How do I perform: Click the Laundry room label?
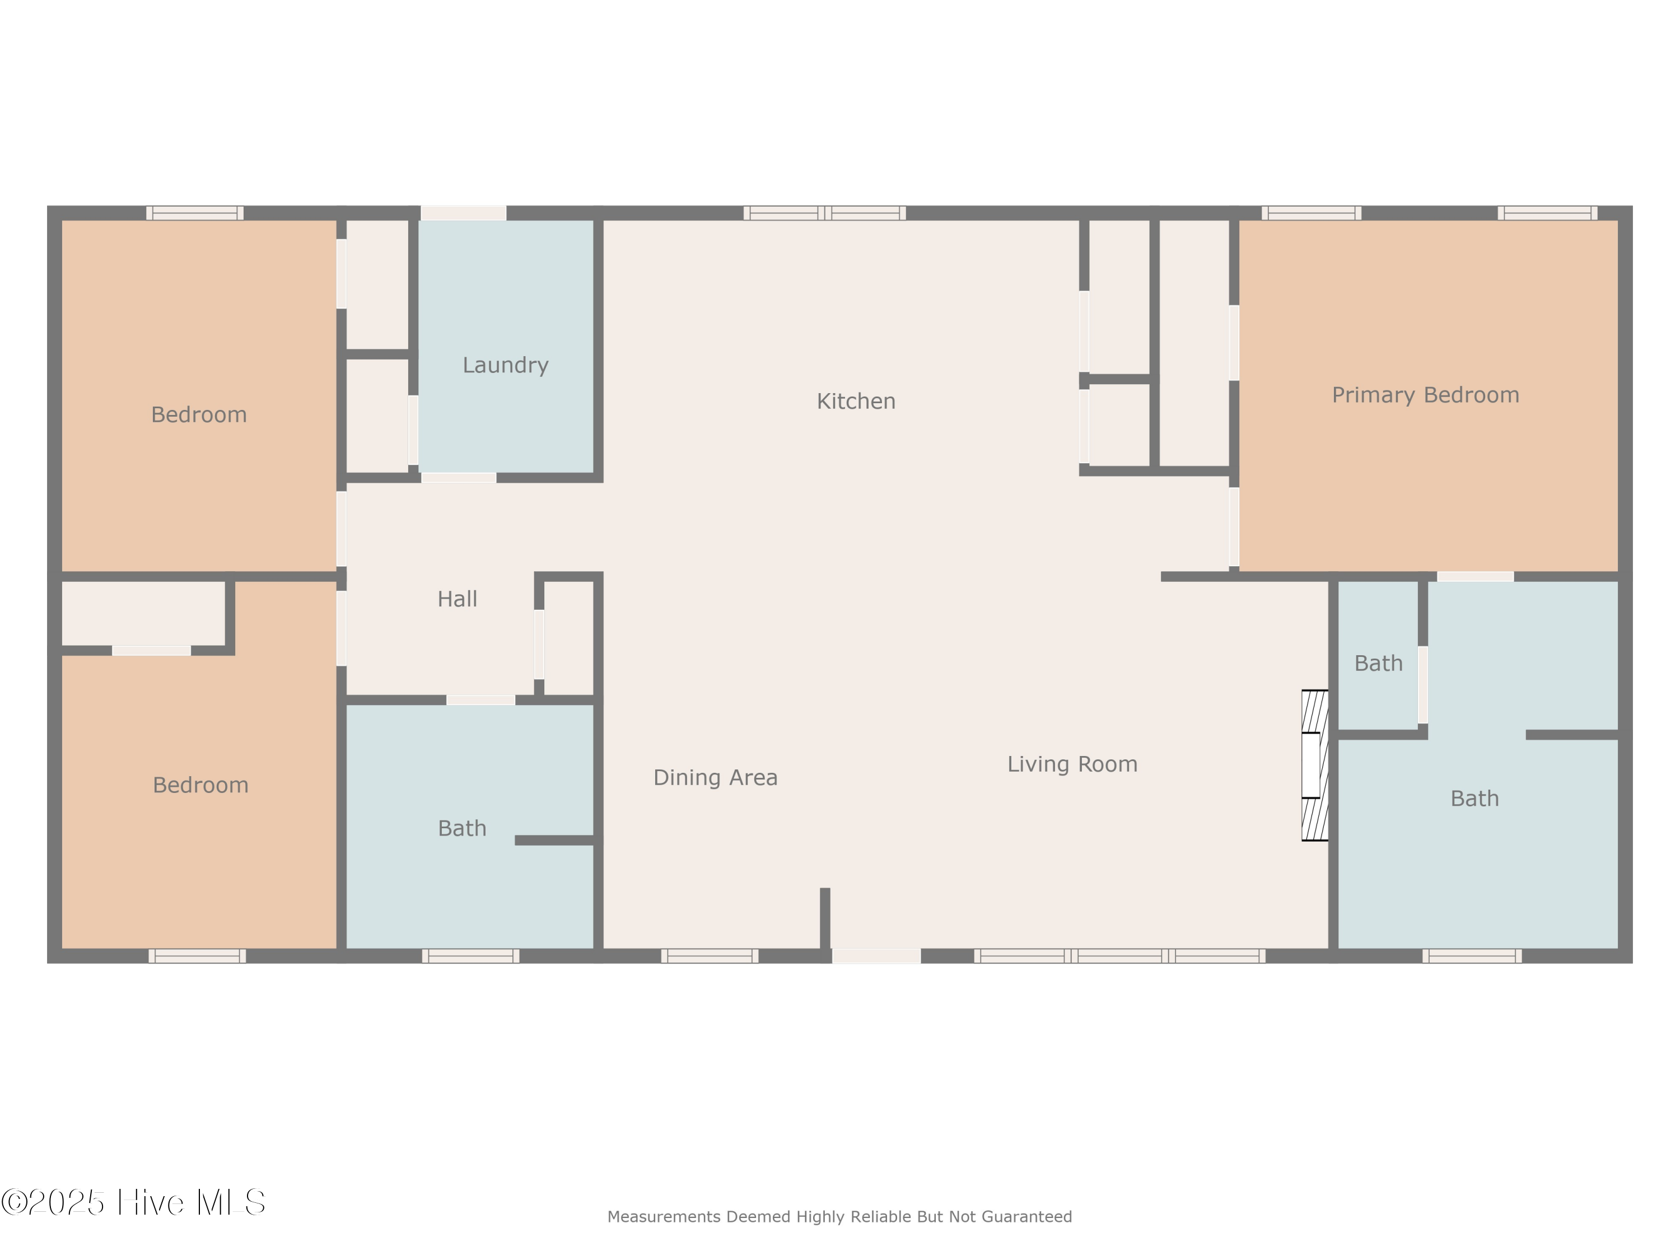click(505, 365)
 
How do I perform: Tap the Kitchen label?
click(856, 401)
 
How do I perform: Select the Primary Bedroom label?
click(1426, 395)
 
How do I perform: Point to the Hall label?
click(457, 599)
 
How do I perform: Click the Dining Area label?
click(716, 778)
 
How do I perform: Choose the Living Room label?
click(1072, 764)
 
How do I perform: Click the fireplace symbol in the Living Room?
click(1315, 765)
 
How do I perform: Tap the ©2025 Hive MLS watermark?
click(134, 1202)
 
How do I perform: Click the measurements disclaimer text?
click(839, 1217)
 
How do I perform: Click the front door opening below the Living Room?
click(876, 956)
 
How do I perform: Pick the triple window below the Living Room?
click(1119, 956)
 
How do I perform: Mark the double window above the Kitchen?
click(825, 213)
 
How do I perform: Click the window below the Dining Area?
click(710, 956)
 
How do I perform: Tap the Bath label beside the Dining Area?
click(462, 829)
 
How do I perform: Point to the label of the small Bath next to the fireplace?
click(1379, 664)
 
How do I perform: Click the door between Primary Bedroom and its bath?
click(1475, 576)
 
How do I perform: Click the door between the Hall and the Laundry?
click(459, 478)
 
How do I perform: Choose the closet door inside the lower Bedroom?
click(151, 651)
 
